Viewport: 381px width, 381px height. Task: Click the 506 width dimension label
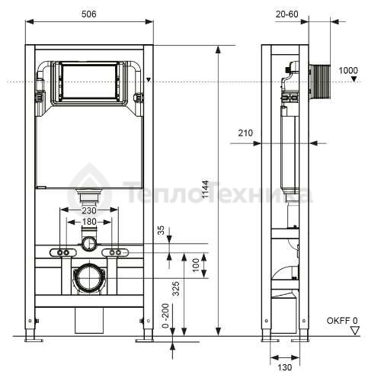pyautogui.click(x=89, y=14)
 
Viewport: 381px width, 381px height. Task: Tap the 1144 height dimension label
pyautogui.click(x=205, y=189)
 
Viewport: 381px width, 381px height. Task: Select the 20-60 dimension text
pyautogui.click(x=287, y=14)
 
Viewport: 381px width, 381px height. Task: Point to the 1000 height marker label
pyautogui.click(x=348, y=70)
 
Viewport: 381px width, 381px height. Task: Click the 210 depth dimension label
pyautogui.click(x=245, y=133)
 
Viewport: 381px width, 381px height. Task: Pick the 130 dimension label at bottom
pyautogui.click(x=285, y=367)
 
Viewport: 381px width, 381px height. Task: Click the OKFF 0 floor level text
pyautogui.click(x=342, y=321)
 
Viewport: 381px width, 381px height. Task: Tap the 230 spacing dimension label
pyautogui.click(x=89, y=210)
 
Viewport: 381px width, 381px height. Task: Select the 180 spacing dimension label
pyautogui.click(x=89, y=222)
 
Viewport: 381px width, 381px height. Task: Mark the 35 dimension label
pyautogui.click(x=161, y=230)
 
